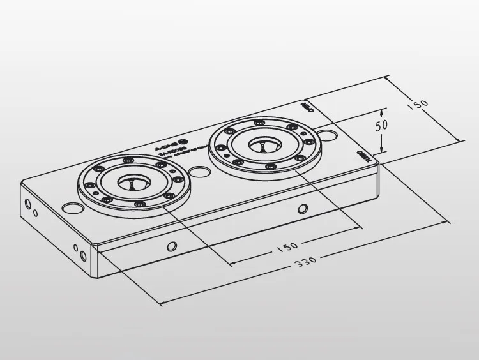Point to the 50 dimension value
(x=382, y=124)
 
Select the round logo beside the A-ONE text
(x=183, y=142)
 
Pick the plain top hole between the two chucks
(x=199, y=172)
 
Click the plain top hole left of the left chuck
(x=72, y=208)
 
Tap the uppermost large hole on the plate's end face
(x=27, y=204)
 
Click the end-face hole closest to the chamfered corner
(x=82, y=256)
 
